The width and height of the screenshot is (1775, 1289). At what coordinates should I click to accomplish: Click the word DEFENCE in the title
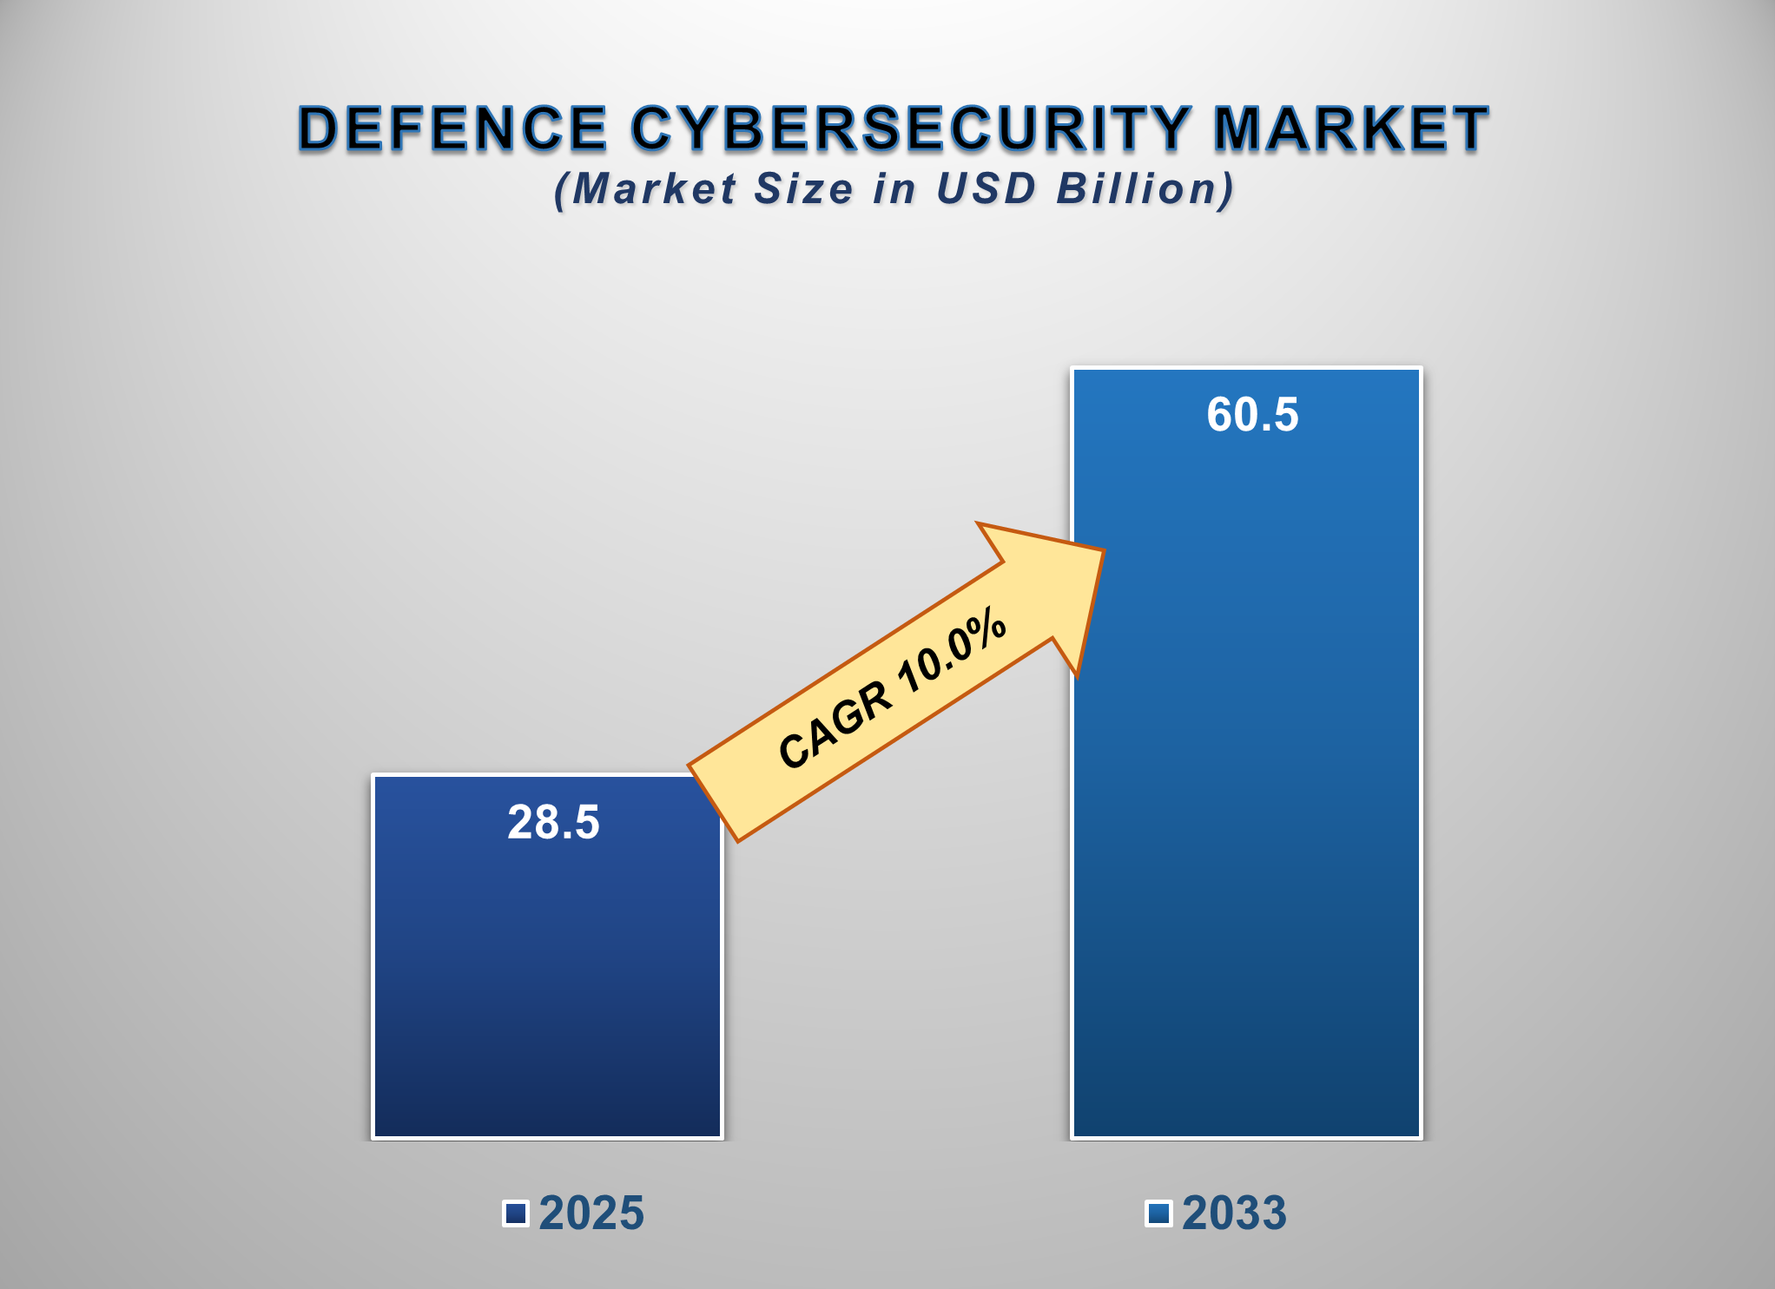pos(452,128)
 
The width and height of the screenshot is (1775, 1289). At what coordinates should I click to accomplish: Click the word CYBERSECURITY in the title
pos(910,128)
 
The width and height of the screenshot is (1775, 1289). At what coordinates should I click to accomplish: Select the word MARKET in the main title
pos(1350,128)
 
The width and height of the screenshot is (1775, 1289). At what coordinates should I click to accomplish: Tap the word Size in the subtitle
pos(803,189)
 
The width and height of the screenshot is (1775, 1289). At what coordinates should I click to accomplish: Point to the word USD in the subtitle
pos(986,189)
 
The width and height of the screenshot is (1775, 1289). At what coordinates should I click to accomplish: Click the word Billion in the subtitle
pos(1145,189)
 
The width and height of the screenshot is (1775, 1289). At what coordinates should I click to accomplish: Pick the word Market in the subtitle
pos(653,189)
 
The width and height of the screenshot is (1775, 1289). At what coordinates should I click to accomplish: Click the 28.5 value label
pos(553,822)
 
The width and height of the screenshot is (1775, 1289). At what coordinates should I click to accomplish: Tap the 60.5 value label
pos(1252,414)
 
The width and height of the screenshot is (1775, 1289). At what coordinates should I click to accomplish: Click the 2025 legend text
pos(591,1213)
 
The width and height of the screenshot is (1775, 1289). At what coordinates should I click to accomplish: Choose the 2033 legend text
pos(1234,1213)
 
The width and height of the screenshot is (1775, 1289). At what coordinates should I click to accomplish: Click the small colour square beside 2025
pos(516,1213)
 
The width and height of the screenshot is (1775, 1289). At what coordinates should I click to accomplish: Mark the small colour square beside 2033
pos(1158,1213)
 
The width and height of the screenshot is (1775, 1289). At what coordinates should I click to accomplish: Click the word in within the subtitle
pos(894,189)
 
